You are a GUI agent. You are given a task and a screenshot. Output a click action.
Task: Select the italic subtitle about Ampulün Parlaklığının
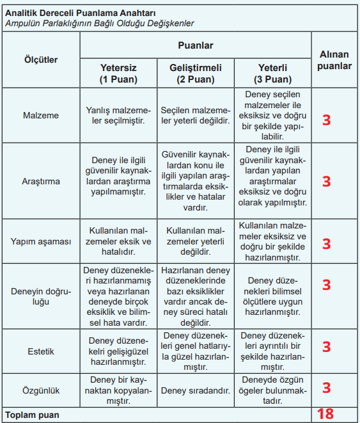[x=100, y=23]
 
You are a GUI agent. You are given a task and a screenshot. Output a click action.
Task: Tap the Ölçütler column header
[x=41, y=60]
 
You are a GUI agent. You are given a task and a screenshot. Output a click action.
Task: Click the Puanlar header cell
[x=195, y=45]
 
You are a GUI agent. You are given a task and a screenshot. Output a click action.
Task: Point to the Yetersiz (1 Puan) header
[x=118, y=74]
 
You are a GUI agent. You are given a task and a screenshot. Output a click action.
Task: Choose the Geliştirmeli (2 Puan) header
[x=196, y=74]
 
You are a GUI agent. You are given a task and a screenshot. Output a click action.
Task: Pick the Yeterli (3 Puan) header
[x=272, y=74]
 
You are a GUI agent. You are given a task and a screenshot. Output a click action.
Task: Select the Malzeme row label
[x=41, y=116]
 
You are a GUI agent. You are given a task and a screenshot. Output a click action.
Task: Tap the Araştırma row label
[x=41, y=181]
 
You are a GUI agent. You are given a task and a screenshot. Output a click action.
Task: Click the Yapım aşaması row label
[x=41, y=241]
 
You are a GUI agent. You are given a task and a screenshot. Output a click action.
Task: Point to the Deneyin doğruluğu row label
[x=41, y=296]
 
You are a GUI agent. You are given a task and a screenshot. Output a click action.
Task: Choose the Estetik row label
[x=41, y=351]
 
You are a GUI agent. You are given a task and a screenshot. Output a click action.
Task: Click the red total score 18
[x=325, y=414]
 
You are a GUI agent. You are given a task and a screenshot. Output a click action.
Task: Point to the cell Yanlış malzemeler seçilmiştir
[x=118, y=116]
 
